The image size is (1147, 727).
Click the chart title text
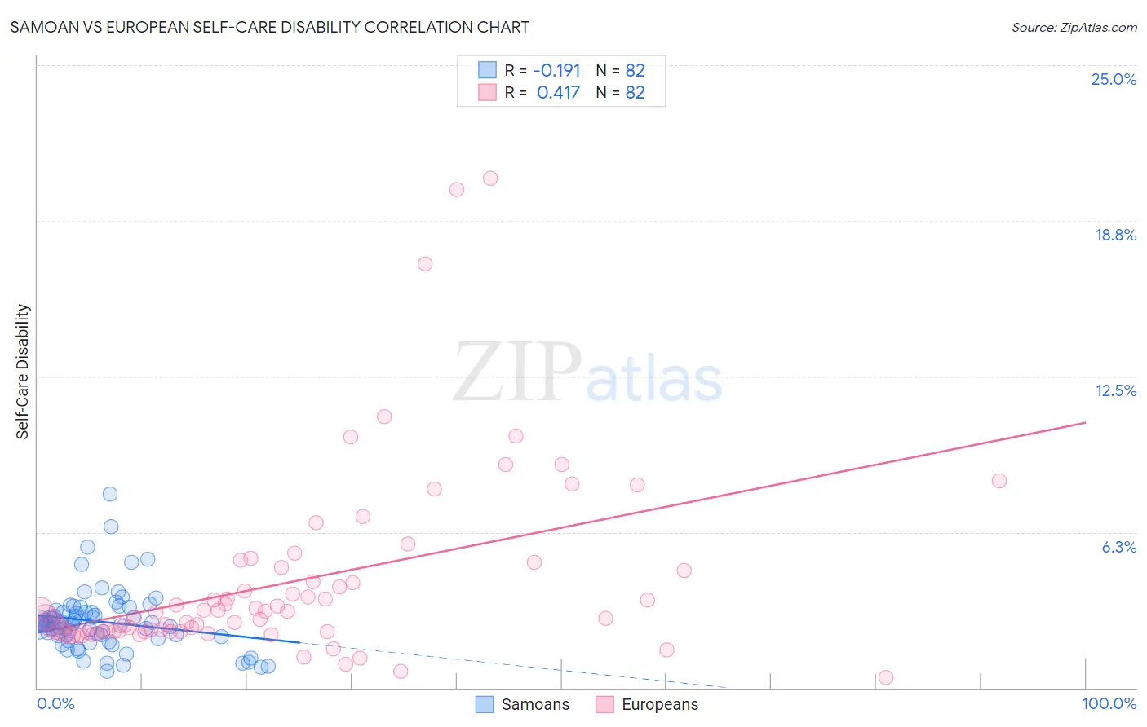coord(269,27)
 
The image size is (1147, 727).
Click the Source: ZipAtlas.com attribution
coord(1074,27)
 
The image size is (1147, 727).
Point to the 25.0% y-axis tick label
coord(1114,79)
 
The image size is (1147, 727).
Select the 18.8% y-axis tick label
coord(1115,235)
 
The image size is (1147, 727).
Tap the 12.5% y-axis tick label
coord(1115,390)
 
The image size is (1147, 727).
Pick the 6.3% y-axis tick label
coord(1118,547)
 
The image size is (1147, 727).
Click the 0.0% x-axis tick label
coord(55,703)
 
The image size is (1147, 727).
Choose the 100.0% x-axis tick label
coord(1109,703)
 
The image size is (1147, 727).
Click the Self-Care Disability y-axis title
coord(23,372)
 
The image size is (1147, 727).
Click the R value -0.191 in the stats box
coord(556,70)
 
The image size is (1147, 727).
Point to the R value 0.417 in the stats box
coord(558,92)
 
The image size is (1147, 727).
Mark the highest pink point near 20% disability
coord(490,178)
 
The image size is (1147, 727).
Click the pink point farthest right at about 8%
coord(999,481)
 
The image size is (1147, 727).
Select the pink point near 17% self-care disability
coord(425,264)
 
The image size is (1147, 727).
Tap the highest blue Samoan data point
coord(110,494)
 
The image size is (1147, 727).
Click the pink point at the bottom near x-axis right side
coord(886,677)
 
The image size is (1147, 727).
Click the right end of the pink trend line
coord(1085,422)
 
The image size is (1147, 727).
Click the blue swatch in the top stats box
coord(487,70)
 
